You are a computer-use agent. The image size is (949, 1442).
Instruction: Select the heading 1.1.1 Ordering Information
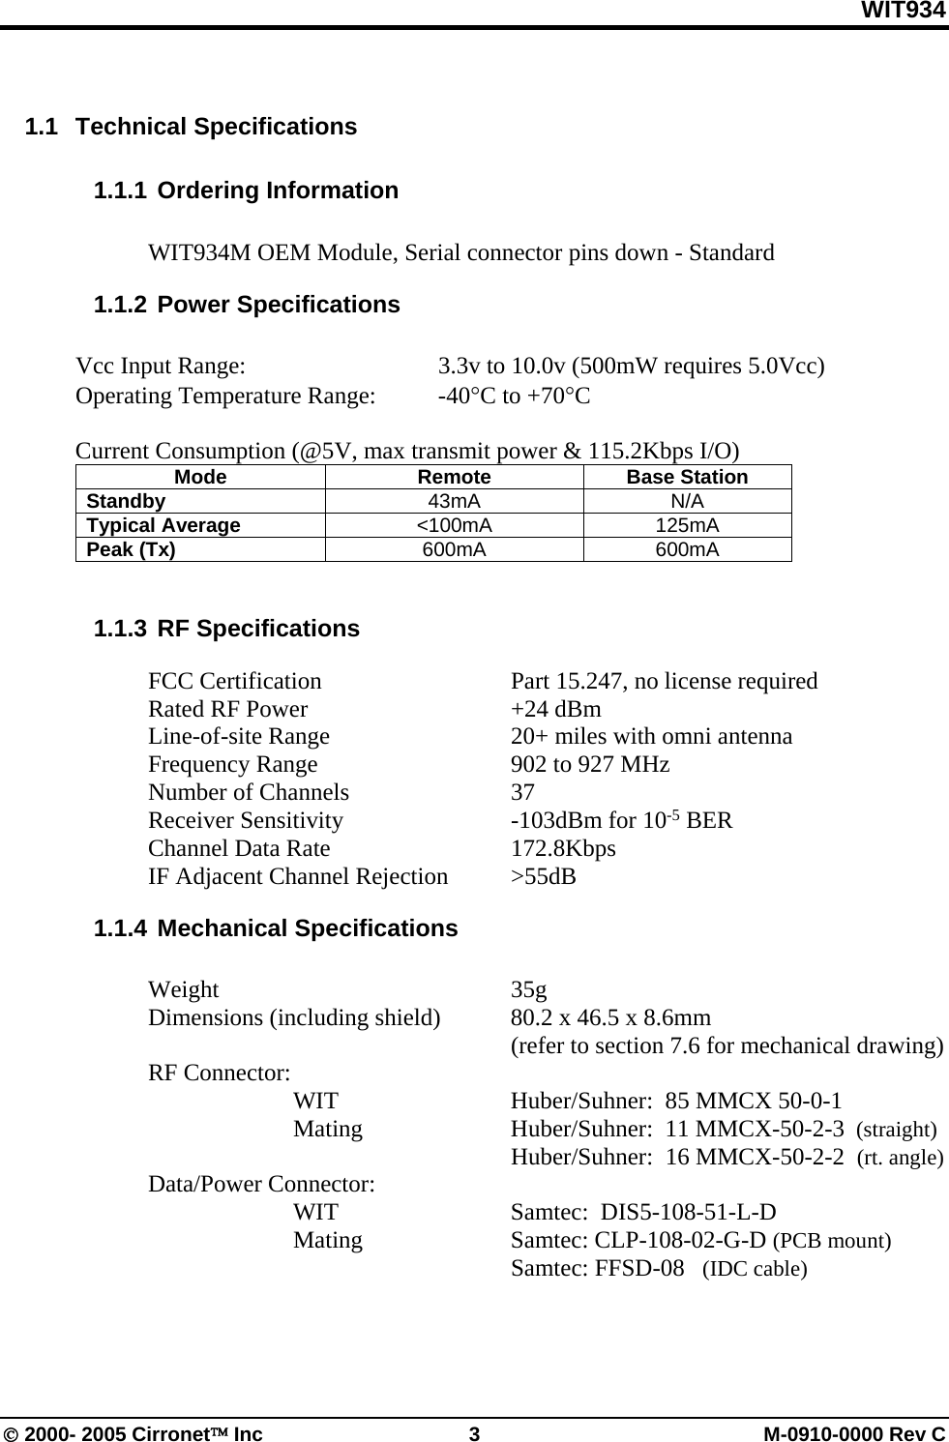coord(246,191)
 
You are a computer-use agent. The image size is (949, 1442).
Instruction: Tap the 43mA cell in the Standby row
coord(454,501)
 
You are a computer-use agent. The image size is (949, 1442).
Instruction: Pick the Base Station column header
coord(687,477)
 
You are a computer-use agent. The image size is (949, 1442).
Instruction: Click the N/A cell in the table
coord(687,501)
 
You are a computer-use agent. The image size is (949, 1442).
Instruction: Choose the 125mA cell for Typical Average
coord(687,525)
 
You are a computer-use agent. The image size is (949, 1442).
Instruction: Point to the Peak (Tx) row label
coord(132,549)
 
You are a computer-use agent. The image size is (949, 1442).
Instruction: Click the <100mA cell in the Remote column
coord(454,525)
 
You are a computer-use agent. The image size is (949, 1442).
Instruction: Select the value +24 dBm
coord(555,709)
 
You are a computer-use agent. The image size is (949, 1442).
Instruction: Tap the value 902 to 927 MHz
coord(590,765)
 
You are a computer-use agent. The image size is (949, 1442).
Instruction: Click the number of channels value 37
coord(522,793)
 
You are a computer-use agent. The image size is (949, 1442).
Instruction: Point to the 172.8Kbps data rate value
coord(563,849)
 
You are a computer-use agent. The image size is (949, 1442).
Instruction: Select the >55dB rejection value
coord(543,877)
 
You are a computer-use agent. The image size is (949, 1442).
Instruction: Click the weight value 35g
coord(528,990)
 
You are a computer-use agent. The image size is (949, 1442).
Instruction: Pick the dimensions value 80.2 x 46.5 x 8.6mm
coord(610,1018)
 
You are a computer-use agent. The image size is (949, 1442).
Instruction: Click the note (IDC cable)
coord(755,1269)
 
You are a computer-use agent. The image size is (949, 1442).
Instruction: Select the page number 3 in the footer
coord(474,1433)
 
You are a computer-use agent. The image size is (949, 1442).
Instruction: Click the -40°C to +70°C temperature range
coord(514,396)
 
